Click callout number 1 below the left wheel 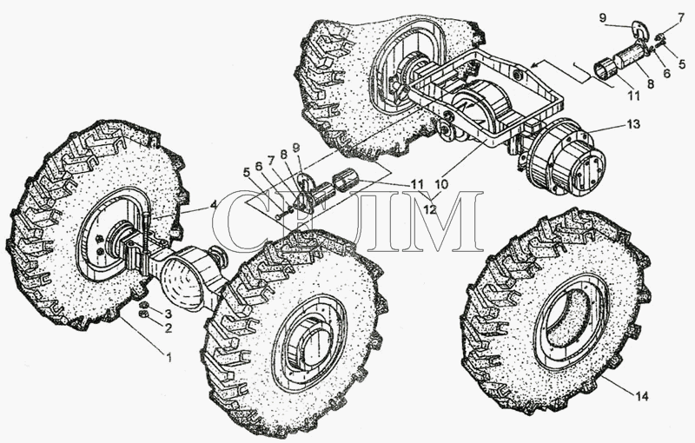[169, 356]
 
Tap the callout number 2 [168, 328]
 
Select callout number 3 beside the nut [168, 314]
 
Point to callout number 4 [213, 205]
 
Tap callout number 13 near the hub [634, 124]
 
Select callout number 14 [642, 396]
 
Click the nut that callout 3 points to [143, 305]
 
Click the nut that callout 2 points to [143, 314]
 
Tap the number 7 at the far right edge [681, 17]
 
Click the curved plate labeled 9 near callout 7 [639, 30]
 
